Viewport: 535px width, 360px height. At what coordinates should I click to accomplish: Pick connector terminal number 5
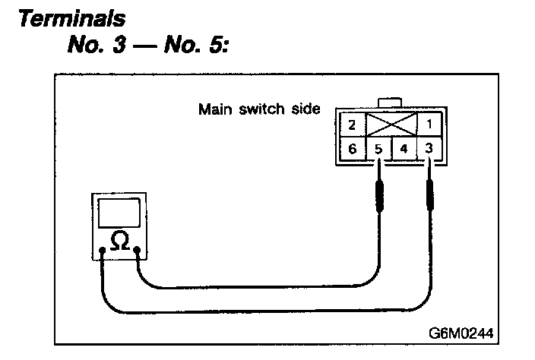[x=379, y=148]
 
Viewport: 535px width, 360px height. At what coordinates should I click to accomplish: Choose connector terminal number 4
[x=404, y=148]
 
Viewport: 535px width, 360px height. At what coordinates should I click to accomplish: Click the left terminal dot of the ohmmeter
[x=102, y=250]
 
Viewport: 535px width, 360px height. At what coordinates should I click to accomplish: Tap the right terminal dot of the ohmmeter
[x=137, y=250]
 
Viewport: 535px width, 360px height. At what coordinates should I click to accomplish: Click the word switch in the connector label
[x=260, y=108]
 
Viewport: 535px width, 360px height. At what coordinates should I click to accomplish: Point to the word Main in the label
[x=214, y=108]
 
